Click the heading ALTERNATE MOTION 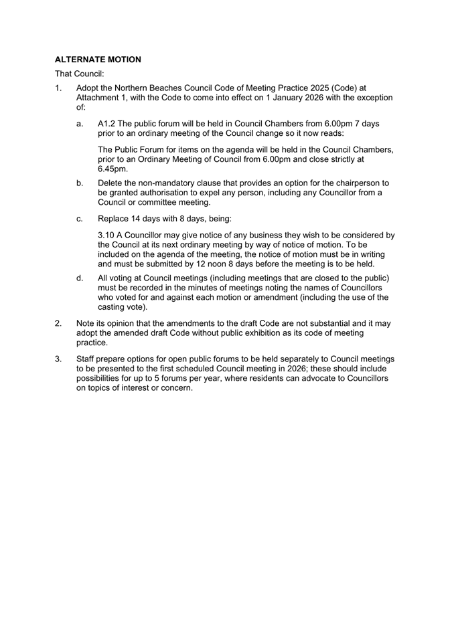point(98,60)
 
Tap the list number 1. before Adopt point(58,88)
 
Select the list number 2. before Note point(58,323)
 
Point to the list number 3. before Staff point(58,359)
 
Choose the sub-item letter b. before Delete point(80,183)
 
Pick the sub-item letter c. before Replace point(80,219)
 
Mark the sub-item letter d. point(80,278)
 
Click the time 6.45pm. point(112,169)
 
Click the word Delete point(111,183)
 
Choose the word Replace point(115,219)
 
